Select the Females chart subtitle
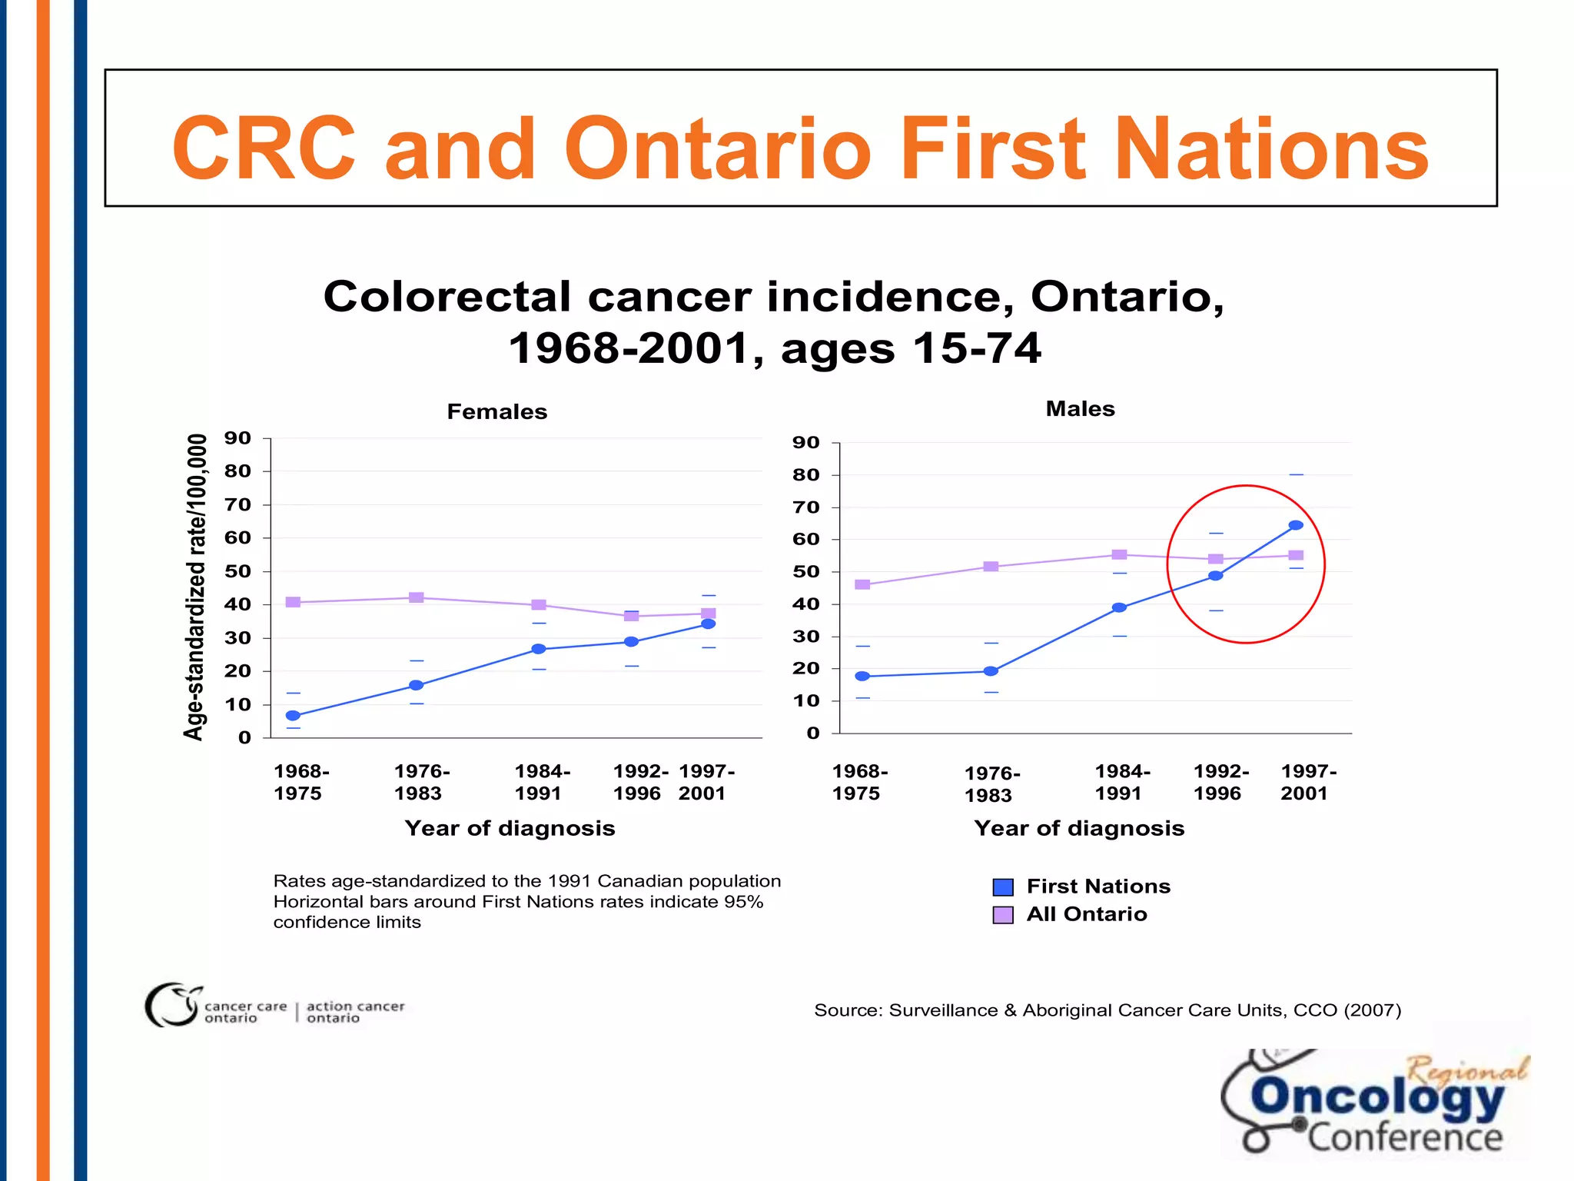pos(496,411)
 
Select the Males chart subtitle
pos(1080,408)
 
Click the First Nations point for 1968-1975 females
pos(293,715)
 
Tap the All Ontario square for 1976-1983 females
pos(416,597)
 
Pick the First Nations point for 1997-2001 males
pos(1296,525)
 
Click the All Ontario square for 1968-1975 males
pos(862,584)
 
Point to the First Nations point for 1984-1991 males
pos(1120,607)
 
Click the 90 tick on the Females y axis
pos(237,438)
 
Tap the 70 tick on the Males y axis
pos(805,507)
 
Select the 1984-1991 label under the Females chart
pos(541,782)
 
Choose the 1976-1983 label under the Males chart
pos(991,784)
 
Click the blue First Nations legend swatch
pos(1003,887)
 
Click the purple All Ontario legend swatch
pos(1003,915)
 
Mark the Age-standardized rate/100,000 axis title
pos(195,587)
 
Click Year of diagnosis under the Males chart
pos(1079,828)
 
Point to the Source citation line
pos(1107,1010)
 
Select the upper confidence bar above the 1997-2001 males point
pos(1296,474)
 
